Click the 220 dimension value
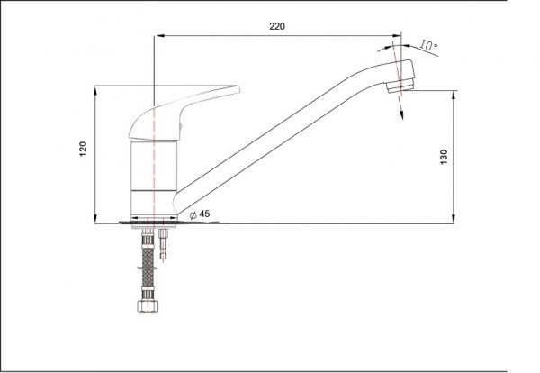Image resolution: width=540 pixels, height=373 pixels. coord(277,26)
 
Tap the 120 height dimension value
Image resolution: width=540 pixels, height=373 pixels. coord(84,149)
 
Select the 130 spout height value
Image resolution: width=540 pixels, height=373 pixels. coord(444,157)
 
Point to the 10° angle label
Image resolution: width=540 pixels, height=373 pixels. coord(428,45)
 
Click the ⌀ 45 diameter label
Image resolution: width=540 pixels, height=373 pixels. coord(200,214)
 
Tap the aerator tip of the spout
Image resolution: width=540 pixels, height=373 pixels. coord(400,86)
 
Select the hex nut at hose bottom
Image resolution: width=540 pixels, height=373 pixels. coord(148,306)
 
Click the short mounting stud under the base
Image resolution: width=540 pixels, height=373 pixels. coord(163,244)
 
